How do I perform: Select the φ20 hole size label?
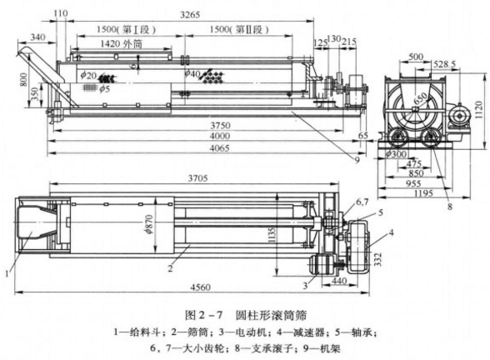pyautogui.click(x=88, y=74)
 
